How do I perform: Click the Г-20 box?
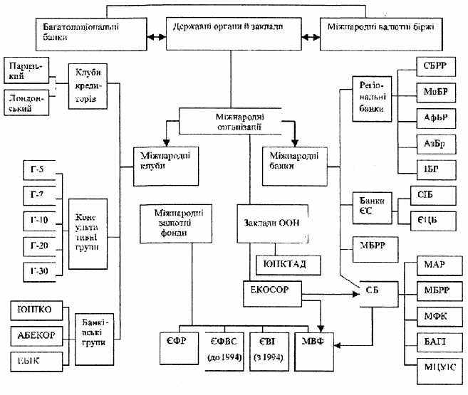click(x=36, y=245)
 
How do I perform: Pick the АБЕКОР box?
click(x=36, y=334)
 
